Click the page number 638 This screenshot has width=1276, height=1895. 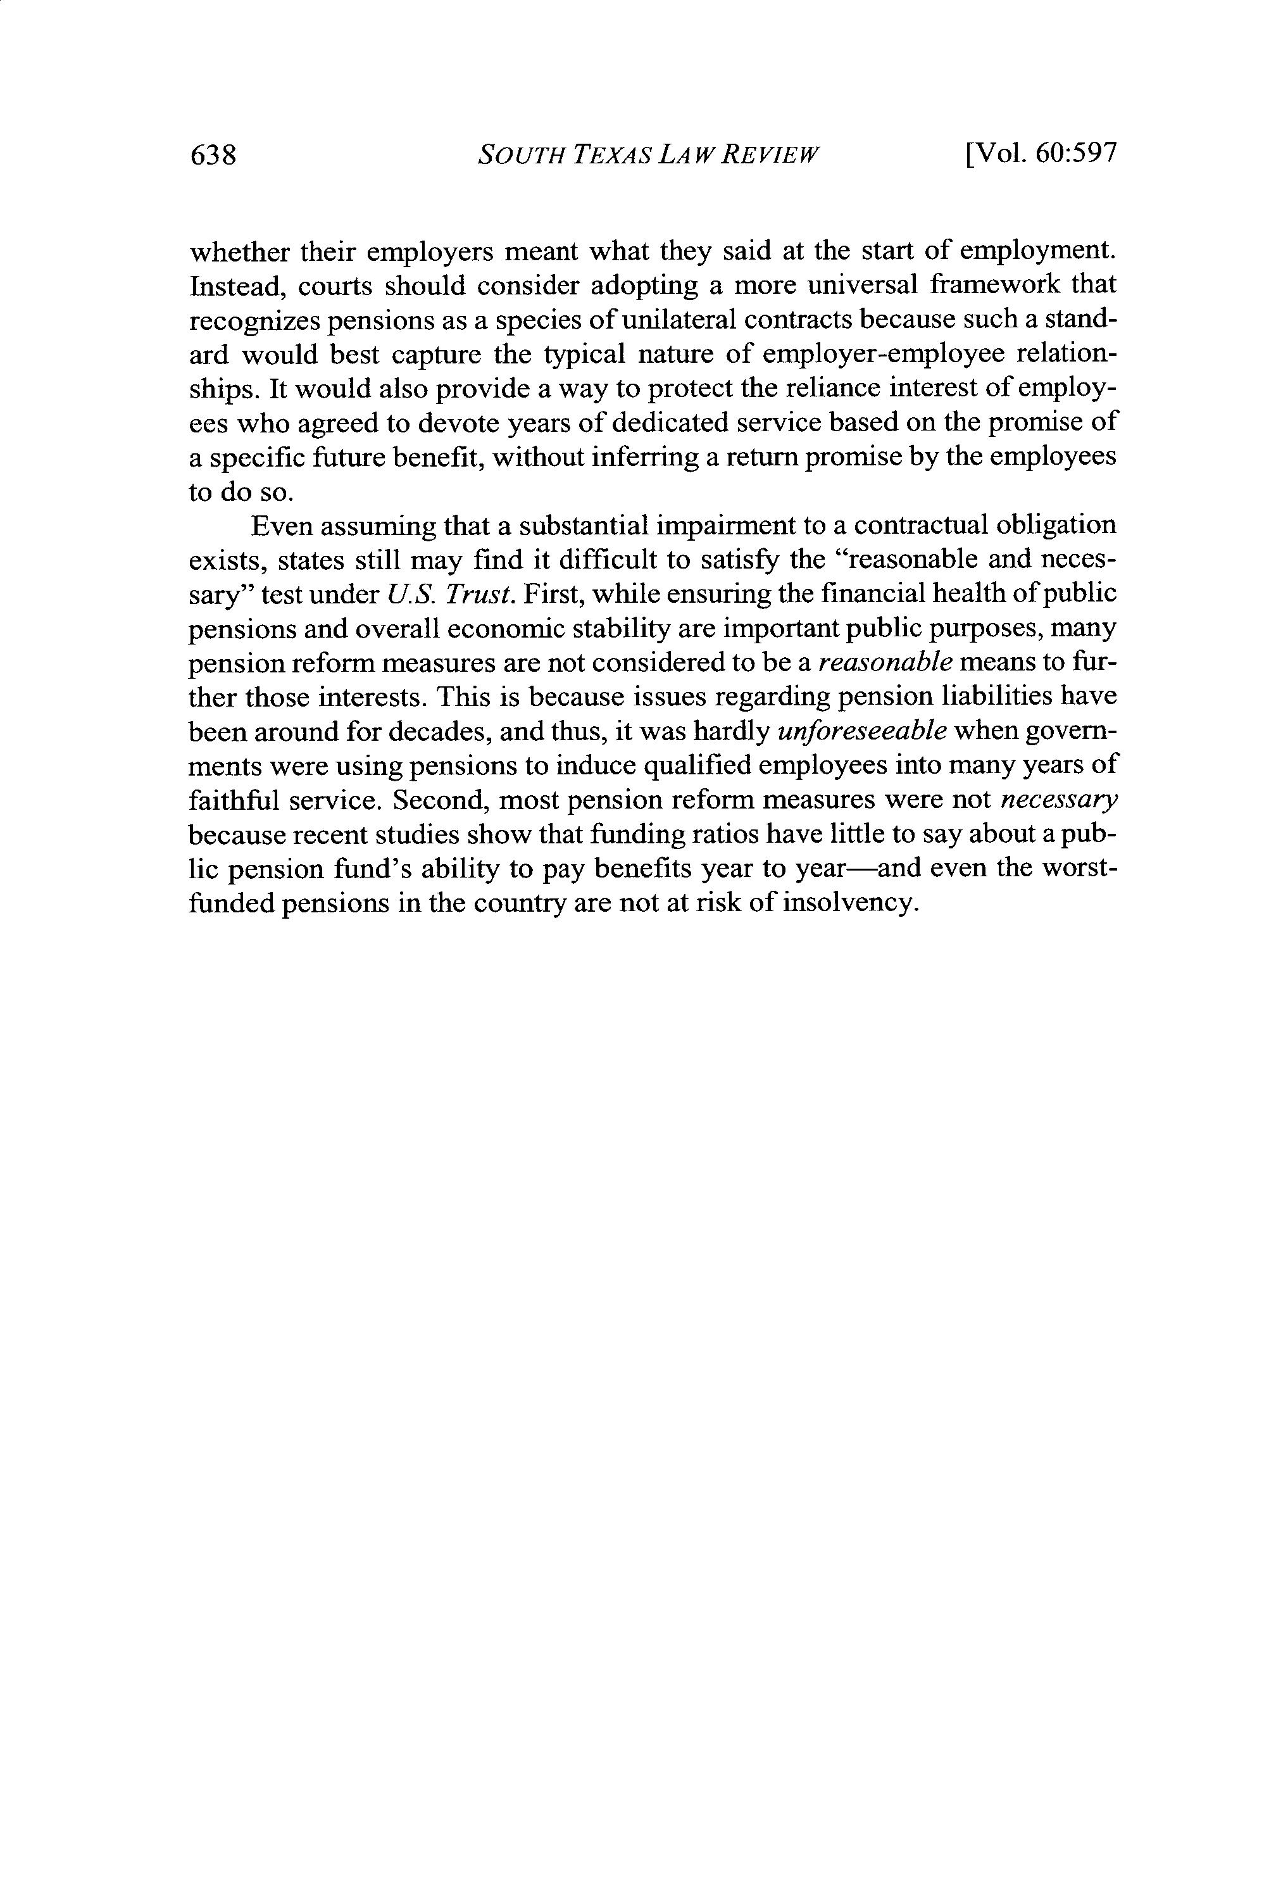[213, 154]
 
